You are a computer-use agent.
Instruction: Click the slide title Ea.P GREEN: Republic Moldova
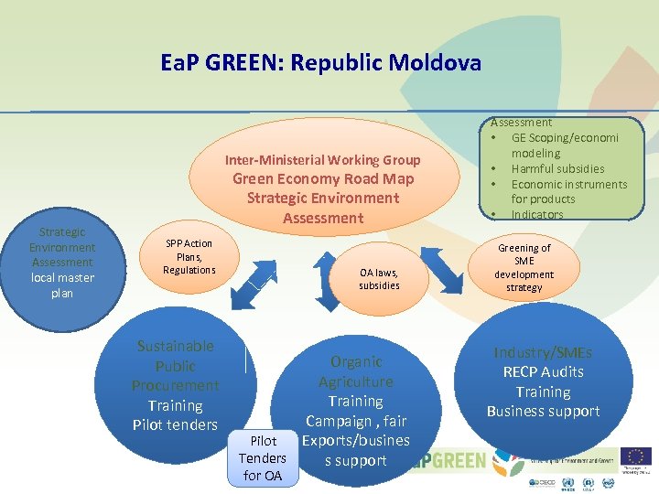[x=320, y=63]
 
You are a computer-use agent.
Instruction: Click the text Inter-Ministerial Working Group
[x=323, y=159]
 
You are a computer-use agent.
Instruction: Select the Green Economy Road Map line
[x=323, y=178]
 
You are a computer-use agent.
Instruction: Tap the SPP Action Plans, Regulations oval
[x=189, y=257]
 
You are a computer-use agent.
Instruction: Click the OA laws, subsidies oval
[x=379, y=279]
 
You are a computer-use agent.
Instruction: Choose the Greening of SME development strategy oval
[x=524, y=268]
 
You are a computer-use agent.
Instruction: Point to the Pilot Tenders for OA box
[x=263, y=458]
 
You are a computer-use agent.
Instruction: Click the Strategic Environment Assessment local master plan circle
[x=62, y=263]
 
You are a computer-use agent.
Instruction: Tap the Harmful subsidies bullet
[x=557, y=168]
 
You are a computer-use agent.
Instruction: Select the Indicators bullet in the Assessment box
[x=537, y=214]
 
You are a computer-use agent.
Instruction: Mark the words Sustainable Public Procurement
[x=175, y=365]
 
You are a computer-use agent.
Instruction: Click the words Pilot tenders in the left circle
[x=175, y=424]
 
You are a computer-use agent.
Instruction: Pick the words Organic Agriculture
[x=356, y=371]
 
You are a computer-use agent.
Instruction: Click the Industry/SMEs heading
[x=543, y=352]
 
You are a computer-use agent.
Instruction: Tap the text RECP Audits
[x=543, y=371]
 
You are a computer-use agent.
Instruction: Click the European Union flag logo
[x=635, y=456]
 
